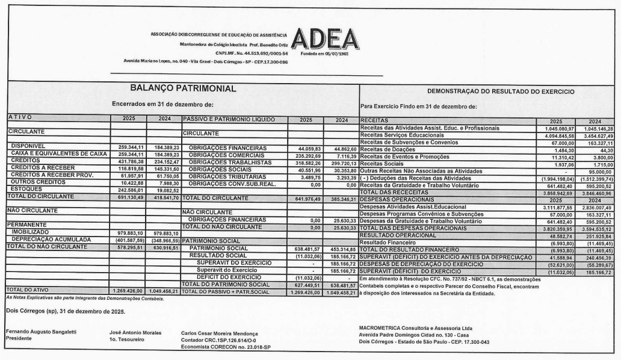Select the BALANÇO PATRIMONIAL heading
pyautogui.click(x=175, y=89)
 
